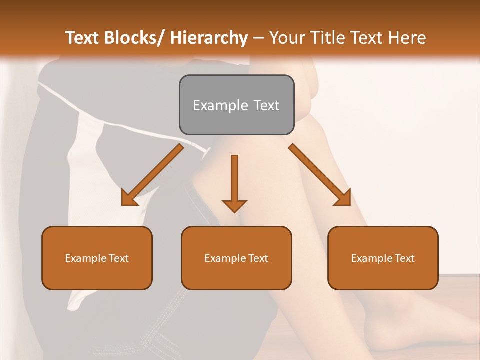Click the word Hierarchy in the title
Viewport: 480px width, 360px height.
click(209, 38)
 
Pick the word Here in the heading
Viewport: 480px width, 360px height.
click(407, 38)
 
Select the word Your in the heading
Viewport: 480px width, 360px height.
click(286, 38)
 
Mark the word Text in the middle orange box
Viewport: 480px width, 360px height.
click(258, 258)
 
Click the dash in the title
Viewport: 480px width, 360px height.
click(258, 38)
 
